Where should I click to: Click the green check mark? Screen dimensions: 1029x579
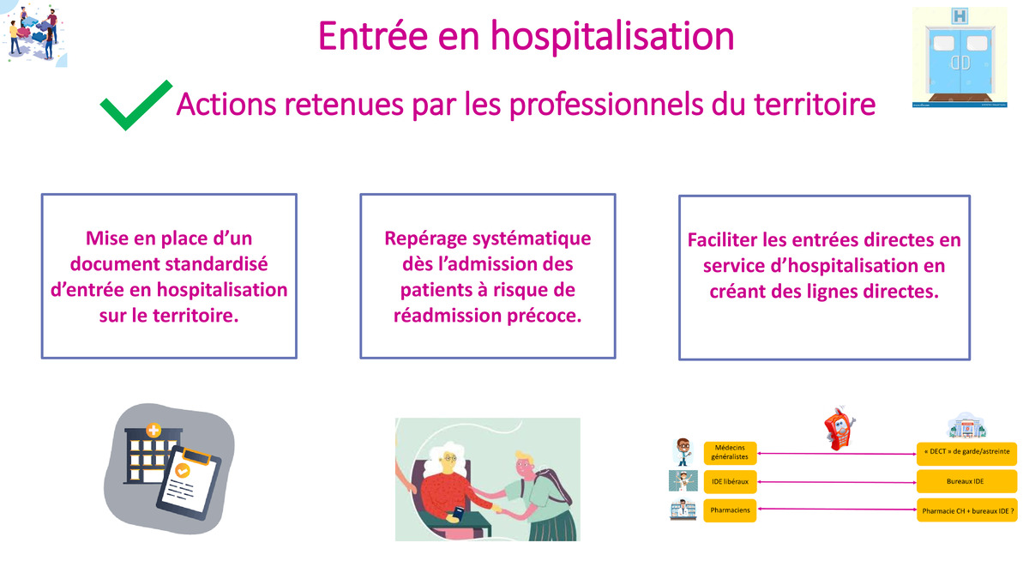point(135,105)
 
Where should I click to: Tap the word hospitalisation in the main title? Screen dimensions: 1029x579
point(612,36)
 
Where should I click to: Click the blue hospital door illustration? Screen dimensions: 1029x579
point(960,57)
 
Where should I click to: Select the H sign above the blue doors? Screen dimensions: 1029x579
point(960,16)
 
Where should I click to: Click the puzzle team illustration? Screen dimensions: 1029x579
point(34,33)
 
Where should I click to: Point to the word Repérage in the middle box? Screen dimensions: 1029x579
point(425,239)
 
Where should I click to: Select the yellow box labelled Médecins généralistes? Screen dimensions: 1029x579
point(730,453)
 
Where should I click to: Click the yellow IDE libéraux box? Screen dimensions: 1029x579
point(730,481)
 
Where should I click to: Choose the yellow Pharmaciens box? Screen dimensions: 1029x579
point(730,510)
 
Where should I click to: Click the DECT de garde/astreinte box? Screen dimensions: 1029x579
point(966,453)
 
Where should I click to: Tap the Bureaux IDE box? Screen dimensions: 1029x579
point(966,481)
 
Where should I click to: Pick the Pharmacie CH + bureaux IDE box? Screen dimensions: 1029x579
point(966,510)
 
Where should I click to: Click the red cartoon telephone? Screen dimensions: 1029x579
point(839,428)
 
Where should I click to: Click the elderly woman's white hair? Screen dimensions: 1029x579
point(444,461)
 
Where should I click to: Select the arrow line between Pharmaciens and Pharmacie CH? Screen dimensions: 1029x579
point(837,510)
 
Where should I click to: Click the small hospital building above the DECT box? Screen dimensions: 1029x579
point(966,425)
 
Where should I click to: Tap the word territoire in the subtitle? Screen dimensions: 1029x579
point(815,105)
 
